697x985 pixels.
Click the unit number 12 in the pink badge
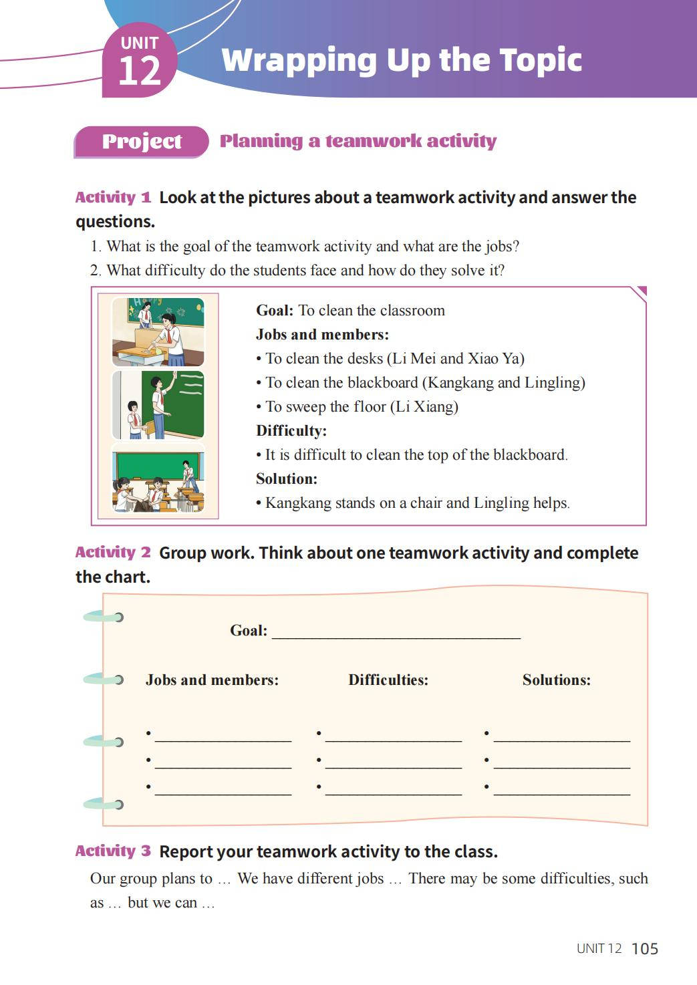(x=140, y=71)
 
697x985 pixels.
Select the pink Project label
(x=142, y=142)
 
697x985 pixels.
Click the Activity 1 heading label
(x=113, y=198)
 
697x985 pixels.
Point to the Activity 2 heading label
(x=113, y=553)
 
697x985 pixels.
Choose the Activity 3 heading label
(x=113, y=851)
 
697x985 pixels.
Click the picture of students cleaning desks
(x=158, y=331)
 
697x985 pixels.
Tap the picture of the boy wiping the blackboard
(x=158, y=405)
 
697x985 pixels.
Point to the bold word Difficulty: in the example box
(x=291, y=431)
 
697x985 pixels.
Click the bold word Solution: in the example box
(x=287, y=479)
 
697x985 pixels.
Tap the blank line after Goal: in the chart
(x=396, y=632)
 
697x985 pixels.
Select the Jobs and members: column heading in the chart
(x=212, y=680)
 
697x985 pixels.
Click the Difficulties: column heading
(x=388, y=680)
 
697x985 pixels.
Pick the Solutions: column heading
(x=557, y=680)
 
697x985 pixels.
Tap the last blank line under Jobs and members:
(x=223, y=790)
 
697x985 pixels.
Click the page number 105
(x=644, y=949)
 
